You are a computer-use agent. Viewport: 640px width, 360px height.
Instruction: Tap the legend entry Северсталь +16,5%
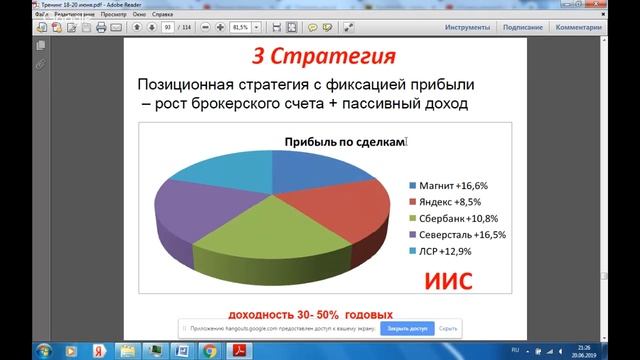click(463, 234)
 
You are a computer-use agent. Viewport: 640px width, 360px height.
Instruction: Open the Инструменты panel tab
click(466, 28)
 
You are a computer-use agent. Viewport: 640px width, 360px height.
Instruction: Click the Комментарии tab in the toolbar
click(606, 28)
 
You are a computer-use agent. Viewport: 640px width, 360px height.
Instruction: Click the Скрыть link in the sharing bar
click(448, 328)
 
